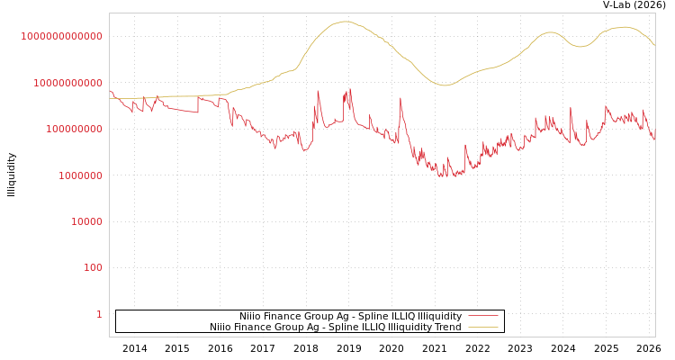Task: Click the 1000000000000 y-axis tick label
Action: pos(61,36)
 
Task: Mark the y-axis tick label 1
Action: pos(99,314)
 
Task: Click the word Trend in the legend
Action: pos(447,328)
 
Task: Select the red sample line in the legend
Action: pos(483,317)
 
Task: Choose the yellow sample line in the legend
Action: pos(483,328)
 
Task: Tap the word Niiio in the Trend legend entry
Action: pos(222,328)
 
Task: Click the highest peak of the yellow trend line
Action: pos(346,22)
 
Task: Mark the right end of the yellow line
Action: pos(654,45)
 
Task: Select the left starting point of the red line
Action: pos(110,90)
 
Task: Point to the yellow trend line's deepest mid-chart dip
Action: pos(443,85)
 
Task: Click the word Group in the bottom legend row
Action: pos(293,328)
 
